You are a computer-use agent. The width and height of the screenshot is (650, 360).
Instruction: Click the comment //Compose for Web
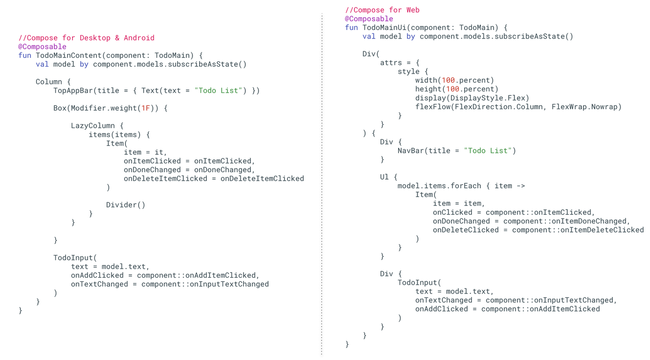point(382,10)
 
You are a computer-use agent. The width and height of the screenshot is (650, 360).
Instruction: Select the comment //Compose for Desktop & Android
point(86,38)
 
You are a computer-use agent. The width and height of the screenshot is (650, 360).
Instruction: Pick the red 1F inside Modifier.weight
point(146,108)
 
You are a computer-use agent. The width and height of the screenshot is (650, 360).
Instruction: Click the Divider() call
point(125,205)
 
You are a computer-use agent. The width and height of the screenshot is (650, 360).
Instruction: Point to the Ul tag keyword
point(384,177)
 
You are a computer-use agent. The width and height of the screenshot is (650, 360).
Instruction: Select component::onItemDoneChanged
point(566,221)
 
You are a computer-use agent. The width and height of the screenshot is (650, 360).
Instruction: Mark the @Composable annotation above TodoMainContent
point(42,47)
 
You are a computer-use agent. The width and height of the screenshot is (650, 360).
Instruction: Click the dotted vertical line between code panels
point(322,183)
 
